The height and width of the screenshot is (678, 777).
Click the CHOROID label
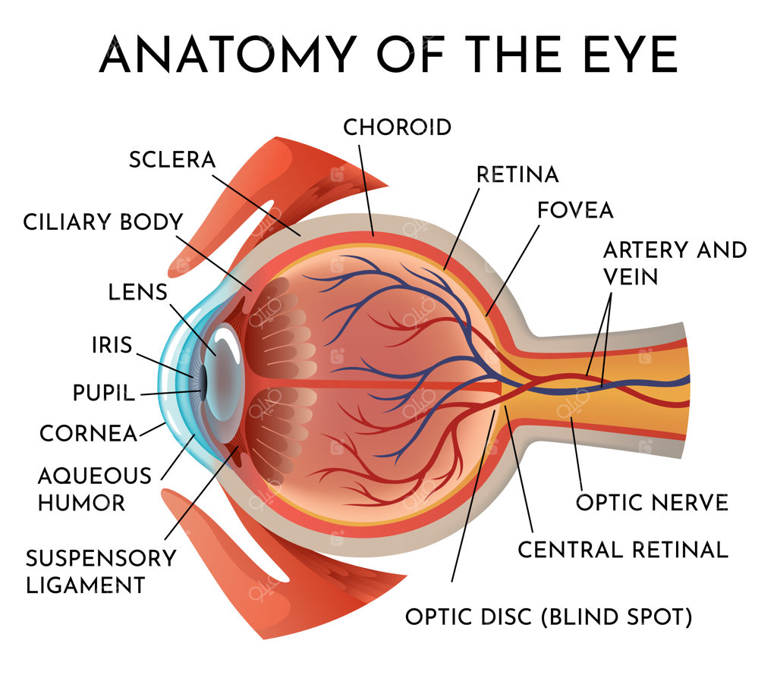coord(398,127)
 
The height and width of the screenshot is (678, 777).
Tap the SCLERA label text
coord(172,159)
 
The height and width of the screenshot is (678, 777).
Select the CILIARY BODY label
coord(103,222)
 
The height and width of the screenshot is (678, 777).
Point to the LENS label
coord(138,292)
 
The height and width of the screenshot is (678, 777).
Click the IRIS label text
coord(112,345)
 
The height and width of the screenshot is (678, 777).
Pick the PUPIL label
coord(103,393)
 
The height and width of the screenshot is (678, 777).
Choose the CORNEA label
coord(88,434)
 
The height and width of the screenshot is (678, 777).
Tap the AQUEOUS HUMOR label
coord(95,489)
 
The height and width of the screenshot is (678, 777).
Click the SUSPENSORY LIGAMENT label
coord(101,572)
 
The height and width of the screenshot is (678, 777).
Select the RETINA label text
coord(517,174)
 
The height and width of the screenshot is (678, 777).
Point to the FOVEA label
coord(575,210)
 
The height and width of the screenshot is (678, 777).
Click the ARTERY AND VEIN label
coord(675,263)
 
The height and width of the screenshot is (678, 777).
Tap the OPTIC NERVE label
coord(652,503)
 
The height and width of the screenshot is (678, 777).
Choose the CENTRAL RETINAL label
coord(623,550)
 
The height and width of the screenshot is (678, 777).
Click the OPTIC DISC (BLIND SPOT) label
coord(549,617)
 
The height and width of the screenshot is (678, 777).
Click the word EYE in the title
coord(631,55)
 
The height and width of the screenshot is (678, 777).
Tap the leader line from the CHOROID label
coord(366,190)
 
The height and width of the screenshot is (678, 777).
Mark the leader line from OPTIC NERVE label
coord(577,454)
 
